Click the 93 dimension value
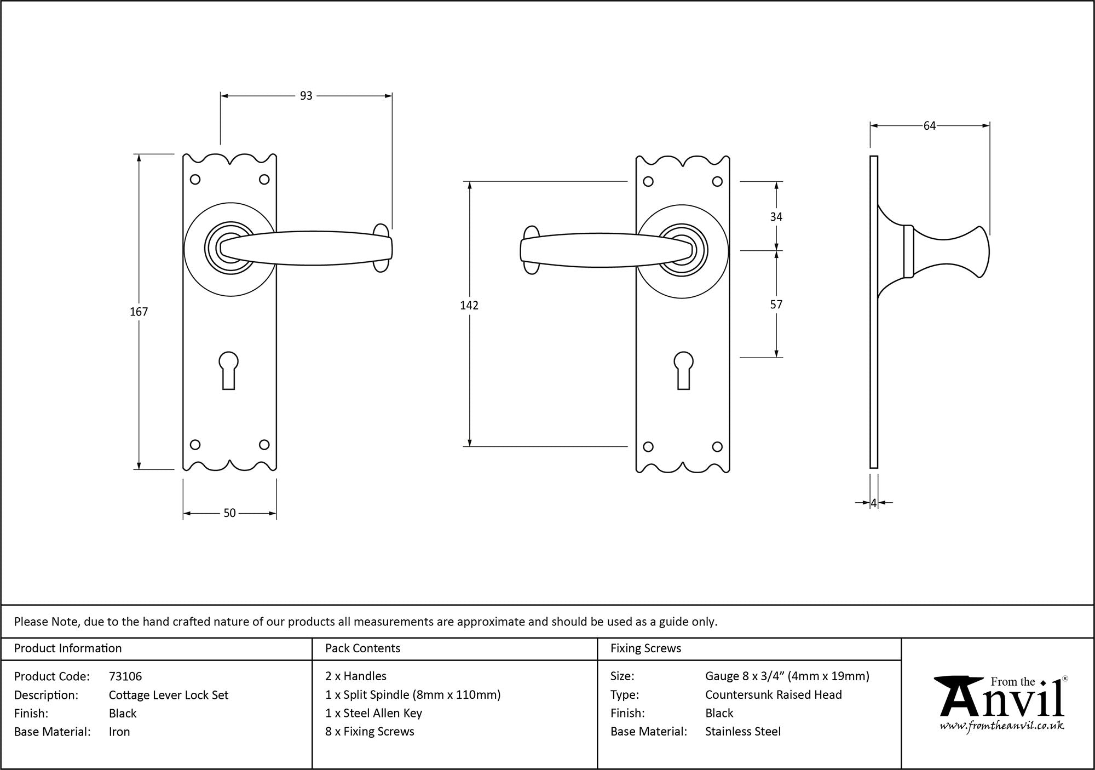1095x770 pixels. [306, 96]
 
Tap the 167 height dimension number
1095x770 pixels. [139, 312]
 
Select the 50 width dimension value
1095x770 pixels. [229, 513]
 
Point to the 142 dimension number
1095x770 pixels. [469, 306]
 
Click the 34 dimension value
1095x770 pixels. [776, 217]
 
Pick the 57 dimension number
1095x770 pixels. [776, 304]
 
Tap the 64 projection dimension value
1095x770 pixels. [930, 126]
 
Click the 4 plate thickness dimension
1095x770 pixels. [874, 503]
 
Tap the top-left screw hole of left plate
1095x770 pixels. [195, 180]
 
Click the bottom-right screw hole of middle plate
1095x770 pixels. [717, 447]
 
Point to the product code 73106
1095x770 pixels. [125, 676]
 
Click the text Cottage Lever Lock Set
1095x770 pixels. [169, 695]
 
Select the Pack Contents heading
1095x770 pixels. [362, 648]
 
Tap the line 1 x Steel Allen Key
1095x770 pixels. [373, 713]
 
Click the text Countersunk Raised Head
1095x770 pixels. [774, 695]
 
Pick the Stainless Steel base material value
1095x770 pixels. [743, 732]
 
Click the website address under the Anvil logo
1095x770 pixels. [1002, 726]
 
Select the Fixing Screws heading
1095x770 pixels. [646, 648]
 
